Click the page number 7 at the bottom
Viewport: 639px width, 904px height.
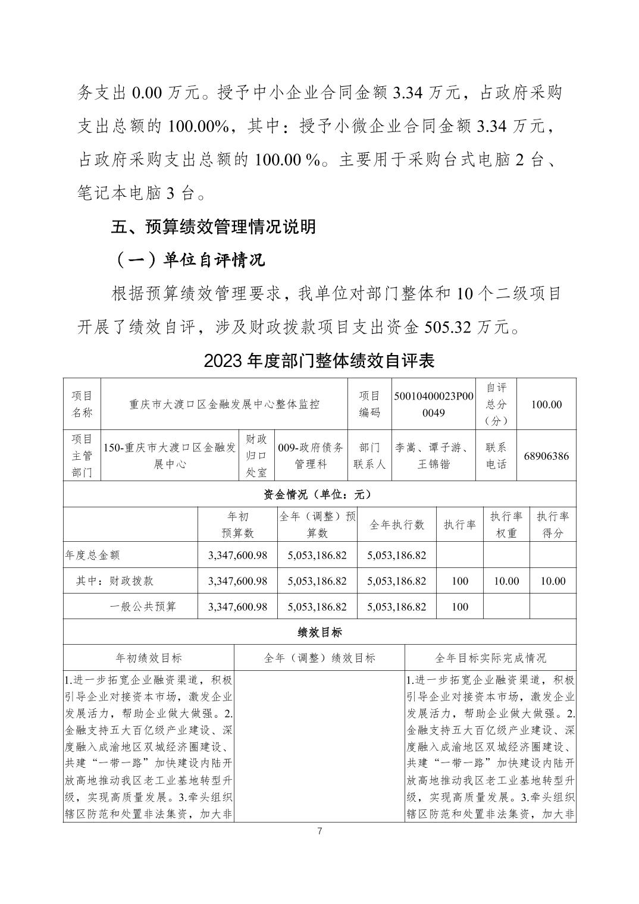click(319, 831)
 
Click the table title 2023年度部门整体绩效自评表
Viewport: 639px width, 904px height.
click(319, 360)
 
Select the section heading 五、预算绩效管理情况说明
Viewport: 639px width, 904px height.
click(214, 227)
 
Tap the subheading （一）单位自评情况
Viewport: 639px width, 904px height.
click(189, 260)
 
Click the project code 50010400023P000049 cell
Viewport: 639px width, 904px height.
click(434, 404)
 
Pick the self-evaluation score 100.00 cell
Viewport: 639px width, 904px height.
click(546, 404)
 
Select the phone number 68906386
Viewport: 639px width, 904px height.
click(546, 456)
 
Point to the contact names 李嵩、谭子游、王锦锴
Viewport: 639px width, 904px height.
click(434, 456)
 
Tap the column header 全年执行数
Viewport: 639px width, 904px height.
click(397, 525)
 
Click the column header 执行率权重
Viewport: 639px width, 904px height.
click(506, 525)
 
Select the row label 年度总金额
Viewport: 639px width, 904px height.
click(92, 555)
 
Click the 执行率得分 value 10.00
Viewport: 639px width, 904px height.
click(553, 581)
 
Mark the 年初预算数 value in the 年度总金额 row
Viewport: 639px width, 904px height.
click(237, 555)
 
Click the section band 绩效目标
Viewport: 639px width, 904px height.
click(319, 632)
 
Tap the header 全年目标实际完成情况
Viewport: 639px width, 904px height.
click(490, 658)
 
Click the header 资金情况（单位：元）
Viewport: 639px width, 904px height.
click(319, 494)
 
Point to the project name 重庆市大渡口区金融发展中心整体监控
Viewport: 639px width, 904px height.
click(224, 404)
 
